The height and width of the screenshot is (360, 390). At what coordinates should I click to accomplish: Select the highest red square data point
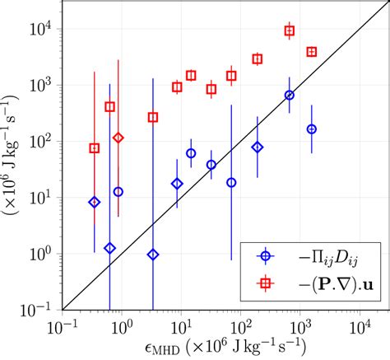point(290,30)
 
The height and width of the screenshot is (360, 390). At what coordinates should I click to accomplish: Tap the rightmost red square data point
point(311,52)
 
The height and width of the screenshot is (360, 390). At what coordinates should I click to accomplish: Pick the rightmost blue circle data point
point(311,129)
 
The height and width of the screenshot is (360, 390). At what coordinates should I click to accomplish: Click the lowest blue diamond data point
point(153,255)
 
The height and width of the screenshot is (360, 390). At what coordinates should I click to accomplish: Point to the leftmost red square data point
point(95,148)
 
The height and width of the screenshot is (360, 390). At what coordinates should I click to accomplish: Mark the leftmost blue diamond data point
point(95,202)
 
